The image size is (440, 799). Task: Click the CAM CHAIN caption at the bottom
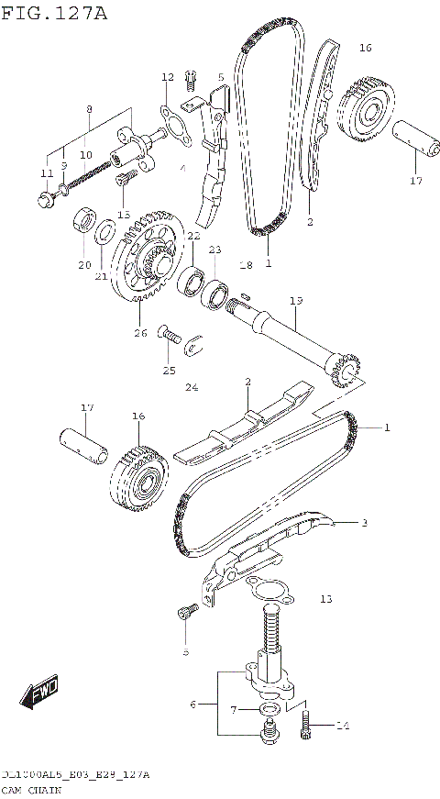(34, 789)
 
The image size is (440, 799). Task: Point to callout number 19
(295, 300)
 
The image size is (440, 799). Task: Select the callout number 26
(140, 332)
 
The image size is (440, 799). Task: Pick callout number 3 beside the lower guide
(364, 523)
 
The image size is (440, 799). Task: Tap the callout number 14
(342, 727)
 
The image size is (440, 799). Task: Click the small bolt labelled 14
(309, 726)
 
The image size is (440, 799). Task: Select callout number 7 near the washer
(234, 709)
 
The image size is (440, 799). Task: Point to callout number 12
(167, 77)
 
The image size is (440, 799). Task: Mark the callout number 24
(191, 387)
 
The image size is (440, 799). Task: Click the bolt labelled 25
(168, 334)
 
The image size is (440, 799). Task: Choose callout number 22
(193, 236)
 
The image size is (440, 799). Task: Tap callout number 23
(214, 250)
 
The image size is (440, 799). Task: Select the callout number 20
(84, 265)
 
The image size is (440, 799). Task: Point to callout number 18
(245, 265)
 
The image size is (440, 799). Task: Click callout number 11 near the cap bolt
(47, 174)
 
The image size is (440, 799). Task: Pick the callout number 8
(88, 109)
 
